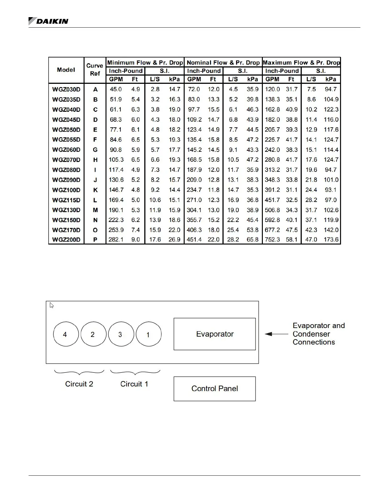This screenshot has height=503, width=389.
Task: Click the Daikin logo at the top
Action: click(48, 21)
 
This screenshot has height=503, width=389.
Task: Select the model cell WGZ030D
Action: click(66, 90)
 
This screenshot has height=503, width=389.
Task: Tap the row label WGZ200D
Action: click(66, 240)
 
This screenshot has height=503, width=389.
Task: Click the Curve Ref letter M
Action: click(95, 210)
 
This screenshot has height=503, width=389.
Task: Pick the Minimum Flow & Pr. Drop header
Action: click(145, 63)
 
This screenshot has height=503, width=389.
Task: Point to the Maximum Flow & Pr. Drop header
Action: click(301, 63)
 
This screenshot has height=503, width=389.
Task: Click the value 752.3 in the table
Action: click(272, 240)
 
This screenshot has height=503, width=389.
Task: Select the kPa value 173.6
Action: click(331, 240)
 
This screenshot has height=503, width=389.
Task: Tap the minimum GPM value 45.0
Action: click(116, 90)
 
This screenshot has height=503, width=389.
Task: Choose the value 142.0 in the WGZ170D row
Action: click(331, 230)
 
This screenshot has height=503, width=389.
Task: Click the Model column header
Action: click(66, 70)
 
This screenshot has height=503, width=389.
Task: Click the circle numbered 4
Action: click(65, 334)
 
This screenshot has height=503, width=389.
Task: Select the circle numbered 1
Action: click(148, 334)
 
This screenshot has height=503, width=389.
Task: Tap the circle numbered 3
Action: click(121, 334)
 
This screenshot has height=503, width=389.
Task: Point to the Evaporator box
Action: click(215, 334)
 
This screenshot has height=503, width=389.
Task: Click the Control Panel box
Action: click(215, 389)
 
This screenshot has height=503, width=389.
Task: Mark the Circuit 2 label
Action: click(79, 384)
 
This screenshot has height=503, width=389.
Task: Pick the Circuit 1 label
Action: click(134, 384)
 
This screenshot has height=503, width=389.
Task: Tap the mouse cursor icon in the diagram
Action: click(51, 305)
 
